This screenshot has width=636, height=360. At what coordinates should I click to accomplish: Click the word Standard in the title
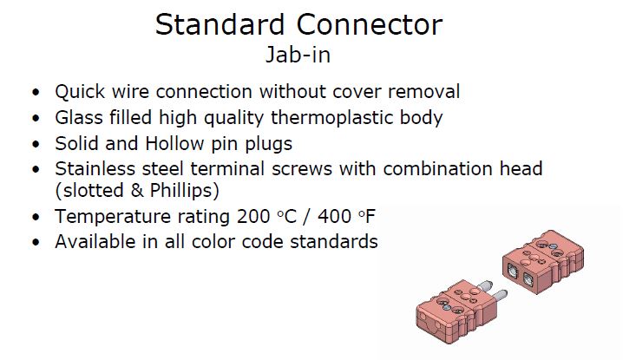point(220,25)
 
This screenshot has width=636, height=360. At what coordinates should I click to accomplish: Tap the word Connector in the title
point(370,25)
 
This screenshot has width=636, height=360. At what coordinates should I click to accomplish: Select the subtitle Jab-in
point(298,55)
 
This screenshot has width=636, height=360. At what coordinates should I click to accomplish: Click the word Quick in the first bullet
point(80,92)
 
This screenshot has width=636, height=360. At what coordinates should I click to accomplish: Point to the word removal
point(424,92)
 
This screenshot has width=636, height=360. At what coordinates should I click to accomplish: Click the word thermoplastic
point(331,118)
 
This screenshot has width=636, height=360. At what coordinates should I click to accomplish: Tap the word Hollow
point(174,143)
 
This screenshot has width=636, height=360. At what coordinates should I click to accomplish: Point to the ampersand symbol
point(137,191)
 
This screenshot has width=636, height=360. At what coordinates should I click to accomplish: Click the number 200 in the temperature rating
point(253,217)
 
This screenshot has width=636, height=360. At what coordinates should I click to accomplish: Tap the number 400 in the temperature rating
point(334,217)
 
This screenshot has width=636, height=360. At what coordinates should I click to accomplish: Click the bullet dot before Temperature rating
point(36,217)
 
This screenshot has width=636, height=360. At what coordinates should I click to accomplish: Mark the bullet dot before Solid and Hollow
point(36,144)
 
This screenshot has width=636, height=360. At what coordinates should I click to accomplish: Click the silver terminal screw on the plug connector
point(447,308)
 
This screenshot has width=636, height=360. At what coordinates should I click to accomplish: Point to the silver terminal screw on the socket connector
point(553,245)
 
